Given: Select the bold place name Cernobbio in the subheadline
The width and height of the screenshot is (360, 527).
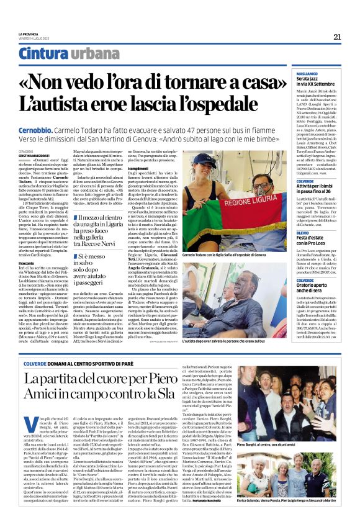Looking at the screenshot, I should click(38, 125).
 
